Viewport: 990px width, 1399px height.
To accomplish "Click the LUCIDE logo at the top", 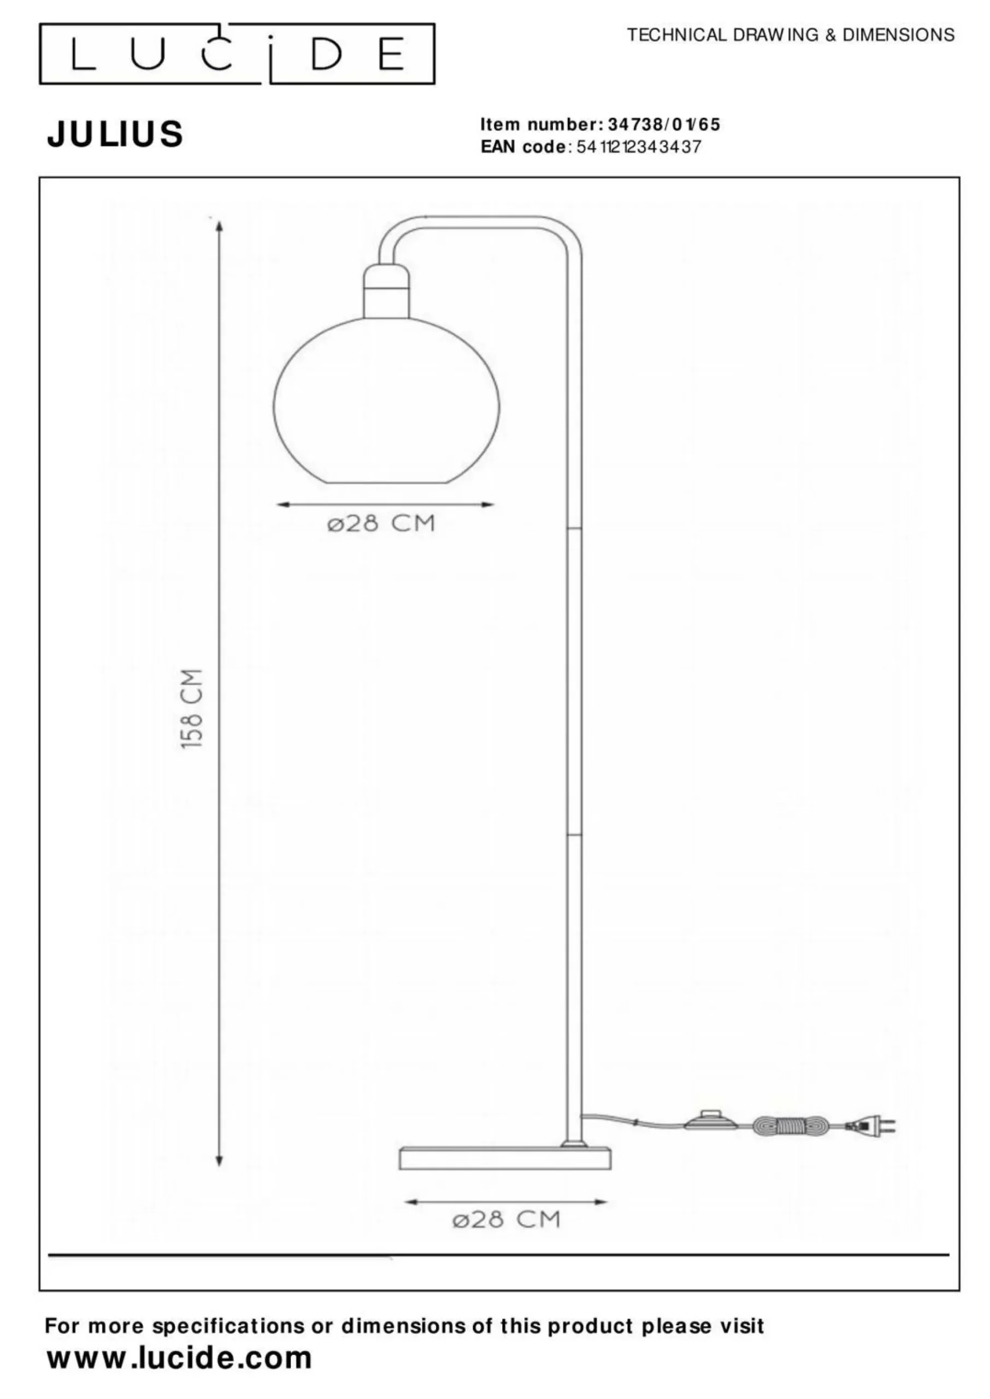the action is point(237,54).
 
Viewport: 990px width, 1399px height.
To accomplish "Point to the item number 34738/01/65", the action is point(664,125).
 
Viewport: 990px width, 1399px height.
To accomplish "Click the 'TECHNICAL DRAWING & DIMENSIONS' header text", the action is point(791,35).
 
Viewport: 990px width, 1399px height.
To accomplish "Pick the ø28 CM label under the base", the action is point(506,1219).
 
